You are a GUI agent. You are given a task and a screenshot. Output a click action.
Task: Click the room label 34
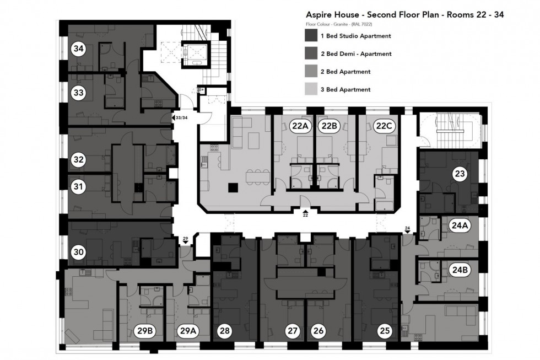click(79, 49)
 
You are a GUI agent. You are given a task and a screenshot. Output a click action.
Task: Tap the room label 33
click(79, 93)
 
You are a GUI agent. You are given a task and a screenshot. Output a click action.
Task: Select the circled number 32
click(79, 160)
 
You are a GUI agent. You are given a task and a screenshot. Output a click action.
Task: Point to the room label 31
click(79, 187)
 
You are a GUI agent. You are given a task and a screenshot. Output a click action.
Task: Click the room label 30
click(79, 252)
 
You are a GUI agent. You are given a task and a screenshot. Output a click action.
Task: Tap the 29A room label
click(187, 331)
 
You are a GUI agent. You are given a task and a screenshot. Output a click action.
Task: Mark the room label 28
click(225, 331)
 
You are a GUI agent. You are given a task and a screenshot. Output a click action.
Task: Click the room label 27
click(292, 331)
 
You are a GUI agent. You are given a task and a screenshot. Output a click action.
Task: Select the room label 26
click(318, 331)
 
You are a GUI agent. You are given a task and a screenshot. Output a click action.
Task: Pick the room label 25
click(385, 331)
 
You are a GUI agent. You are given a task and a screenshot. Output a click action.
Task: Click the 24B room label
click(461, 270)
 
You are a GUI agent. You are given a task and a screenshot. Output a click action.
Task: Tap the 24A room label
click(461, 225)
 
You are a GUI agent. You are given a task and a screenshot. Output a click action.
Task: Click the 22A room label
click(300, 126)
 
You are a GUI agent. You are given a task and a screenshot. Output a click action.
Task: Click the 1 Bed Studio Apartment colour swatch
click(311, 36)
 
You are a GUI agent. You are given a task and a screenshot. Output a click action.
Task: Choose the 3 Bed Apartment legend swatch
click(311, 89)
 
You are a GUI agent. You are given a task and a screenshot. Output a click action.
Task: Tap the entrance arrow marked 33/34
click(169, 117)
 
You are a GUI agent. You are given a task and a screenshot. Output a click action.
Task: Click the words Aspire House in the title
click(331, 15)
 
